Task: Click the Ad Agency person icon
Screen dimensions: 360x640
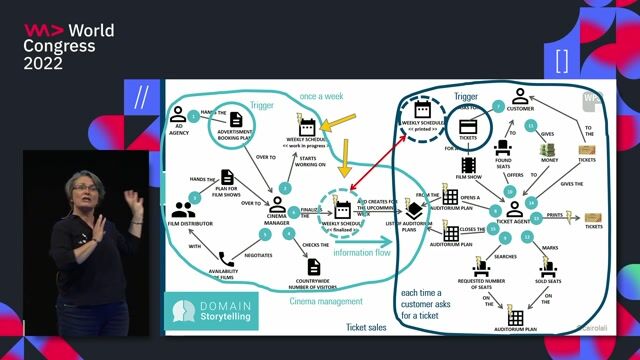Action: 180,113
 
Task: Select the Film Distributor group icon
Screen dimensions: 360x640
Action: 183,209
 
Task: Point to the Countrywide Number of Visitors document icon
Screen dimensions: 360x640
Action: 313,265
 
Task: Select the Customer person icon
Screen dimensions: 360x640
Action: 520,96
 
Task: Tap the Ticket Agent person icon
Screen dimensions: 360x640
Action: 513,208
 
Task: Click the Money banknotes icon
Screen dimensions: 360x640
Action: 548,151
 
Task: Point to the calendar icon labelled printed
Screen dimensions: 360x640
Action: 423,109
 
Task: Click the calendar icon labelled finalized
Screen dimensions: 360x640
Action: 343,209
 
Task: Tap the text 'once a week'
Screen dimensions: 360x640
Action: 323,96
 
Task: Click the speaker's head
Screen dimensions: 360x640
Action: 82,187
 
